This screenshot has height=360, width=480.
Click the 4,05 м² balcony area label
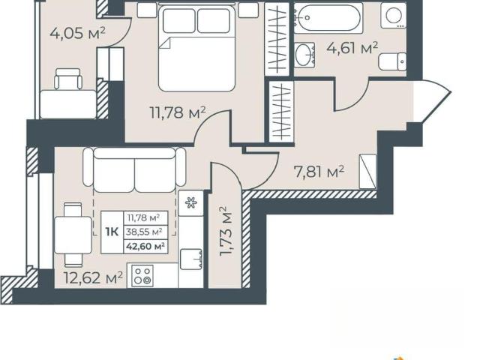78,33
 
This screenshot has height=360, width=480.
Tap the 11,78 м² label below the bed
178,112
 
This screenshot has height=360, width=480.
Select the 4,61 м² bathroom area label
352,48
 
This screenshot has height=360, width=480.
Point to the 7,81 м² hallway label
319,172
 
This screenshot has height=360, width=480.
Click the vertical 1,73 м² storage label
227,231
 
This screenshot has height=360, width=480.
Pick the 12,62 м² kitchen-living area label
93,277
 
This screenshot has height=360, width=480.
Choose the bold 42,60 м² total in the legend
145,246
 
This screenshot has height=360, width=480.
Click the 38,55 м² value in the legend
144,232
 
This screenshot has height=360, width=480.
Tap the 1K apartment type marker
112,232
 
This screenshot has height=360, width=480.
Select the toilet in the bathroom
392,61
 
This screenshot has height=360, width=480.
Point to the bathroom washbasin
305,55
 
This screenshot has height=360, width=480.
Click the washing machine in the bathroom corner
394,16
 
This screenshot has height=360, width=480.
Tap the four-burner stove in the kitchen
142,275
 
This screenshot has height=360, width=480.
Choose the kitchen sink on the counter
191,259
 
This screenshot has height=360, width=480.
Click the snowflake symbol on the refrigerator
191,202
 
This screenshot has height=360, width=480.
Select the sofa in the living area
134,170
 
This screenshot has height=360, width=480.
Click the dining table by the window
73,235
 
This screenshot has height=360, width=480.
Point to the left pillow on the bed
179,20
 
